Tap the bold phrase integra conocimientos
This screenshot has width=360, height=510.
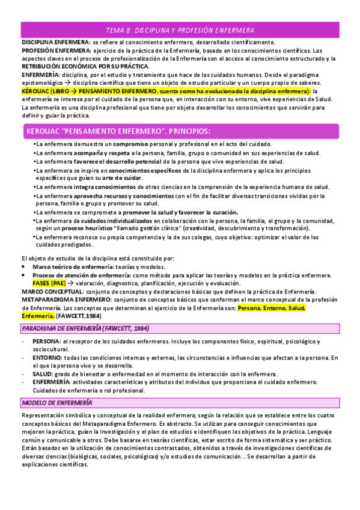pyautogui.click(x=105, y=187)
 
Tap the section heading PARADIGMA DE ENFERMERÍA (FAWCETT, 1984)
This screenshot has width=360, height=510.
pyautogui.click(x=85, y=328)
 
